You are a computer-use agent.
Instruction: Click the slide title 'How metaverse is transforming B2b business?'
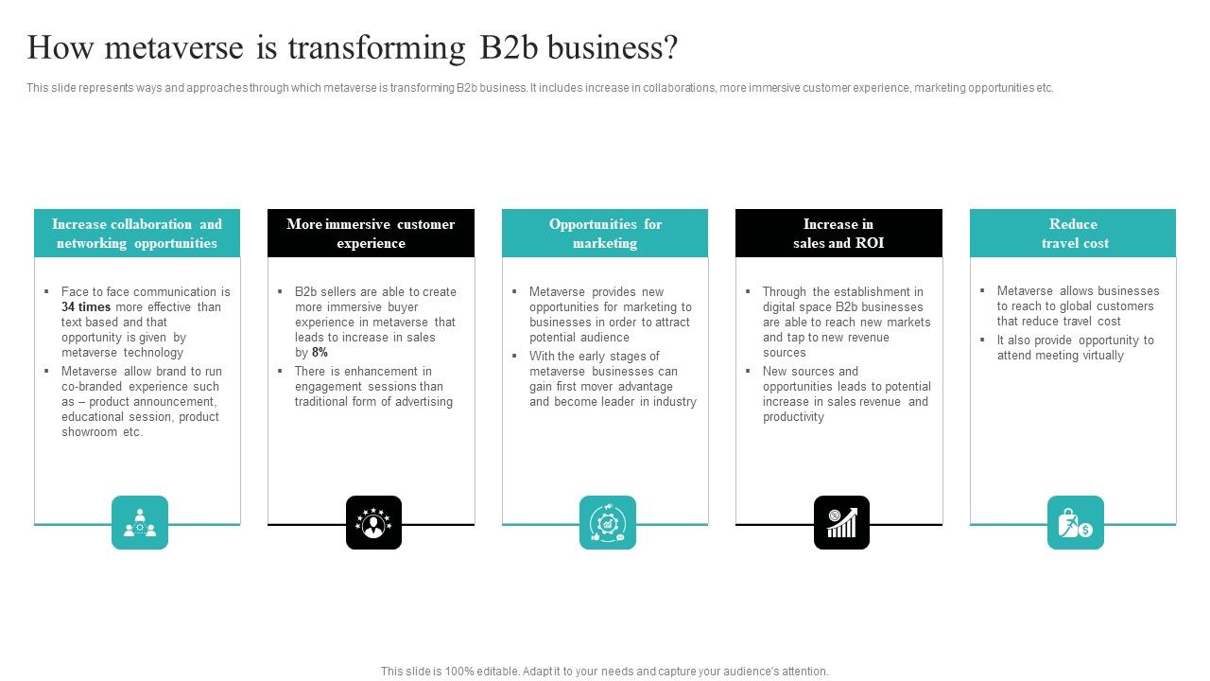click(352, 47)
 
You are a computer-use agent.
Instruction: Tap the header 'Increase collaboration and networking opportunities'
click(137, 234)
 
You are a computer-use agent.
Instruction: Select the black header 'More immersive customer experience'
click(371, 234)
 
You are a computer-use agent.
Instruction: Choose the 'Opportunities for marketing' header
click(605, 234)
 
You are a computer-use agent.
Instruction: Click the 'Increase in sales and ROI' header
click(838, 234)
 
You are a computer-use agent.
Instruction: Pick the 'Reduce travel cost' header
click(1073, 234)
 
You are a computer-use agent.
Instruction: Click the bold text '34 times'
click(86, 307)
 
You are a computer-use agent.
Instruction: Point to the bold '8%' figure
click(320, 353)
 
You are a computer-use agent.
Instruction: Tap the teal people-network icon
click(140, 522)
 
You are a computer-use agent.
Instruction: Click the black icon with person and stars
click(373, 522)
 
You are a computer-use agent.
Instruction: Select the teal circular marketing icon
click(607, 522)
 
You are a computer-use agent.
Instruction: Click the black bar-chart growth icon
click(841, 522)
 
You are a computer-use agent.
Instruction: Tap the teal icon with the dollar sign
click(1075, 522)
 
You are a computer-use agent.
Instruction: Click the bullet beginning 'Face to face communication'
click(142, 322)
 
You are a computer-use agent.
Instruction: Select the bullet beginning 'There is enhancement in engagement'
click(372, 386)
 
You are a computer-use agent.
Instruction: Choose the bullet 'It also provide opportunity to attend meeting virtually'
click(1075, 347)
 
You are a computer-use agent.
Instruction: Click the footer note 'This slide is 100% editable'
click(605, 672)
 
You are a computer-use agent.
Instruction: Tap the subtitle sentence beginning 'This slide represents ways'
click(540, 88)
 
